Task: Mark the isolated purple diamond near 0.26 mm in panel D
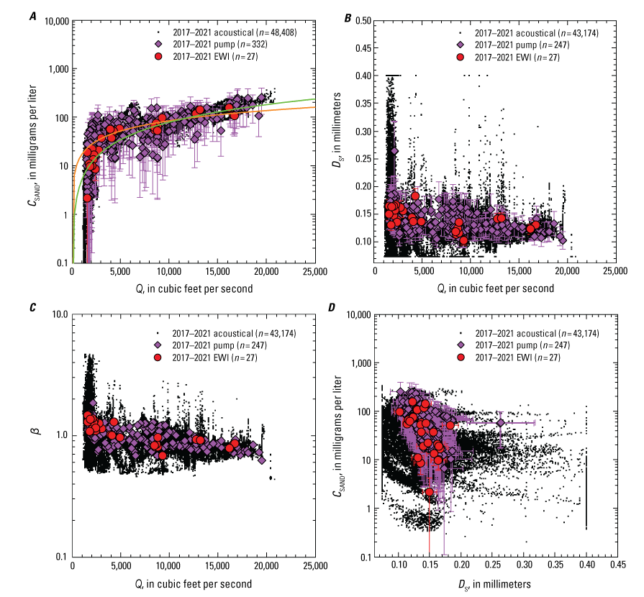502,423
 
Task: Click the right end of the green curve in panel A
314,99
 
